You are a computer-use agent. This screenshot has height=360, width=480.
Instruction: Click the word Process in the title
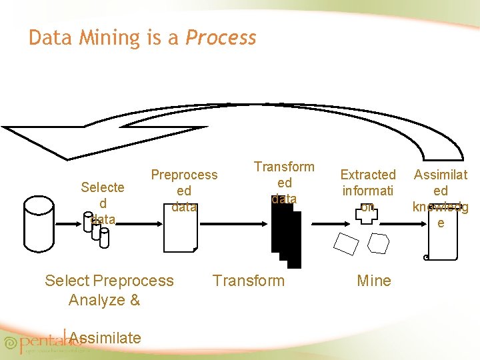tap(221, 38)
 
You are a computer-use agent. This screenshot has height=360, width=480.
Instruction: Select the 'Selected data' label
tap(102, 203)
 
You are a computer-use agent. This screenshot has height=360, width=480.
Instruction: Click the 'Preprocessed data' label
tap(184, 191)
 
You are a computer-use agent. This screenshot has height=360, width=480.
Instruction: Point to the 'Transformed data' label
tap(284, 182)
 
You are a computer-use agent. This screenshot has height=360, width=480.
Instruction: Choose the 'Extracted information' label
tap(368, 191)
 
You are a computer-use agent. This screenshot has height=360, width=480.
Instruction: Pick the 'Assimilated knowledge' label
tap(441, 198)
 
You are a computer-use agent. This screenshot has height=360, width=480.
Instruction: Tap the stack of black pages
tap(286, 239)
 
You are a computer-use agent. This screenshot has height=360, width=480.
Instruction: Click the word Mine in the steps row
tap(374, 281)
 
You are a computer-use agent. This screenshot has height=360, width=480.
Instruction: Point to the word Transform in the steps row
tap(248, 281)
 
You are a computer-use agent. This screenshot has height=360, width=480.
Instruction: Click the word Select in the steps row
tap(68, 281)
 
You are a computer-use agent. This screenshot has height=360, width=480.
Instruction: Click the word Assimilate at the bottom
tap(105, 338)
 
